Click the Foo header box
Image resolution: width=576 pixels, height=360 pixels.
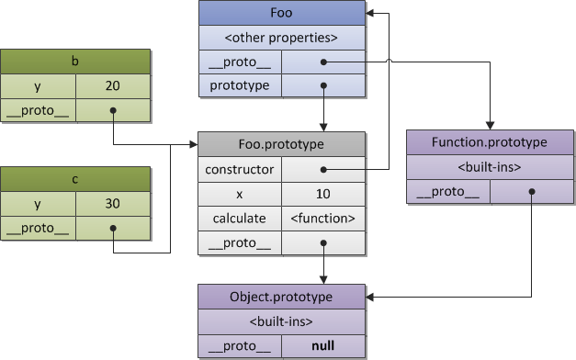pyautogui.click(x=281, y=14)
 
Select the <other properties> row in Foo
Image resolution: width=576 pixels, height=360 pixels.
pyautogui.click(x=281, y=39)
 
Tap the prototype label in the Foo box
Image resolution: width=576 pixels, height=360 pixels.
pyautogui.click(x=239, y=85)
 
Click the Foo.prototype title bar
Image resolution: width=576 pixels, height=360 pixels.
pyautogui.click(x=281, y=145)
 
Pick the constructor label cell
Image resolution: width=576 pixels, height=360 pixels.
pyautogui.click(x=239, y=169)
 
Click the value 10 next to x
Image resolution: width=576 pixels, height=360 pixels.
pyautogui.click(x=322, y=194)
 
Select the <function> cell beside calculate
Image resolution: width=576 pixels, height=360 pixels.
pyautogui.click(x=322, y=219)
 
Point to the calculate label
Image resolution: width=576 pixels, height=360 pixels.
pyautogui.click(x=239, y=219)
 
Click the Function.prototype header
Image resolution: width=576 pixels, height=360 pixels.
pyautogui.click(x=490, y=142)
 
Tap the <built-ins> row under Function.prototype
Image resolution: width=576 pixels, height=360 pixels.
pyautogui.click(x=490, y=167)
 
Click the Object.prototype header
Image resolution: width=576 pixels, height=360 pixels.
pyautogui.click(x=281, y=298)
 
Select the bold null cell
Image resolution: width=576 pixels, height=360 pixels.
pyautogui.click(x=322, y=347)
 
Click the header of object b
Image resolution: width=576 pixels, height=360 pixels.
pyautogui.click(x=75, y=62)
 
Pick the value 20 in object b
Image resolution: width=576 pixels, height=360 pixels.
pyautogui.click(x=113, y=86)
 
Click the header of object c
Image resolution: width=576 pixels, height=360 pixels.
pyautogui.click(x=75, y=178)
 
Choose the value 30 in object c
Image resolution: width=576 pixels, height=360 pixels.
pyautogui.click(x=113, y=203)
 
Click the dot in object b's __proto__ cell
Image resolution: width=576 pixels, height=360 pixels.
pyautogui.click(x=113, y=111)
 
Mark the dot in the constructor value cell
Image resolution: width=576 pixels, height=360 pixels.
pyautogui.click(x=323, y=169)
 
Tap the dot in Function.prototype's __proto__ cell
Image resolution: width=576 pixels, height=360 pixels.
pyautogui.click(x=531, y=192)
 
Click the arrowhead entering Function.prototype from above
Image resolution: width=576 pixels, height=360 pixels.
pyautogui.click(x=490, y=127)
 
